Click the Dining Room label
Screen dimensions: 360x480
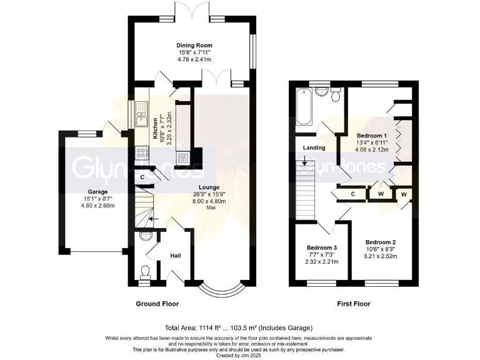[194, 46]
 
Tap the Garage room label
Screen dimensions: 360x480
[97, 192]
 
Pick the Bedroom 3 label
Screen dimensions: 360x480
[322, 247]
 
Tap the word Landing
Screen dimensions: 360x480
[314, 148]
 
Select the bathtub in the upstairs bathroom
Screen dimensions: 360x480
[305, 106]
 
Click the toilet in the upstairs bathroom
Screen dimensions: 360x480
[336, 95]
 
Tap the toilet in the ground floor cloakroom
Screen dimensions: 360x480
[145, 271]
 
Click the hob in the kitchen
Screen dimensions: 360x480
[142, 152]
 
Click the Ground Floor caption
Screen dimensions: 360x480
[157, 304]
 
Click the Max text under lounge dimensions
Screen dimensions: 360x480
[211, 207]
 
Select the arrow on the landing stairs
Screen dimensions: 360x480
[304, 163]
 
